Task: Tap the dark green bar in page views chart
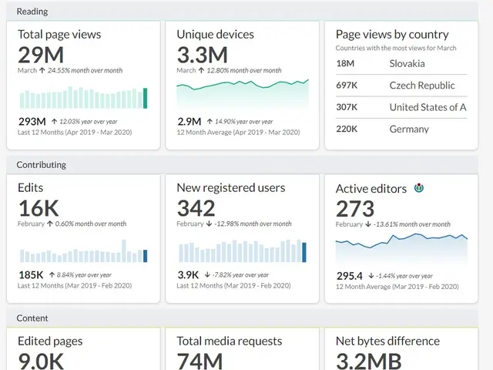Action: click(x=145, y=98)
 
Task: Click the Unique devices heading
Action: click(x=215, y=35)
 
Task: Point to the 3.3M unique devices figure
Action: click(x=202, y=55)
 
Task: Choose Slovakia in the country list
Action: click(x=407, y=64)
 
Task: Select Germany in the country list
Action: click(x=409, y=129)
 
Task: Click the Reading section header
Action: click(x=32, y=12)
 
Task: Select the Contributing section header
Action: click(x=42, y=165)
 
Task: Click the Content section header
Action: click(x=32, y=318)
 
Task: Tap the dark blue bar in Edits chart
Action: click(x=145, y=256)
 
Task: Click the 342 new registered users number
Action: click(x=196, y=208)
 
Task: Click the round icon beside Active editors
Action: click(x=419, y=188)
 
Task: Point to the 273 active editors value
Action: click(x=355, y=208)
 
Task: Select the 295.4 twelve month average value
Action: click(x=349, y=275)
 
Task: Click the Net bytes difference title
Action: click(x=387, y=341)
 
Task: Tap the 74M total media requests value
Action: click(x=200, y=361)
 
